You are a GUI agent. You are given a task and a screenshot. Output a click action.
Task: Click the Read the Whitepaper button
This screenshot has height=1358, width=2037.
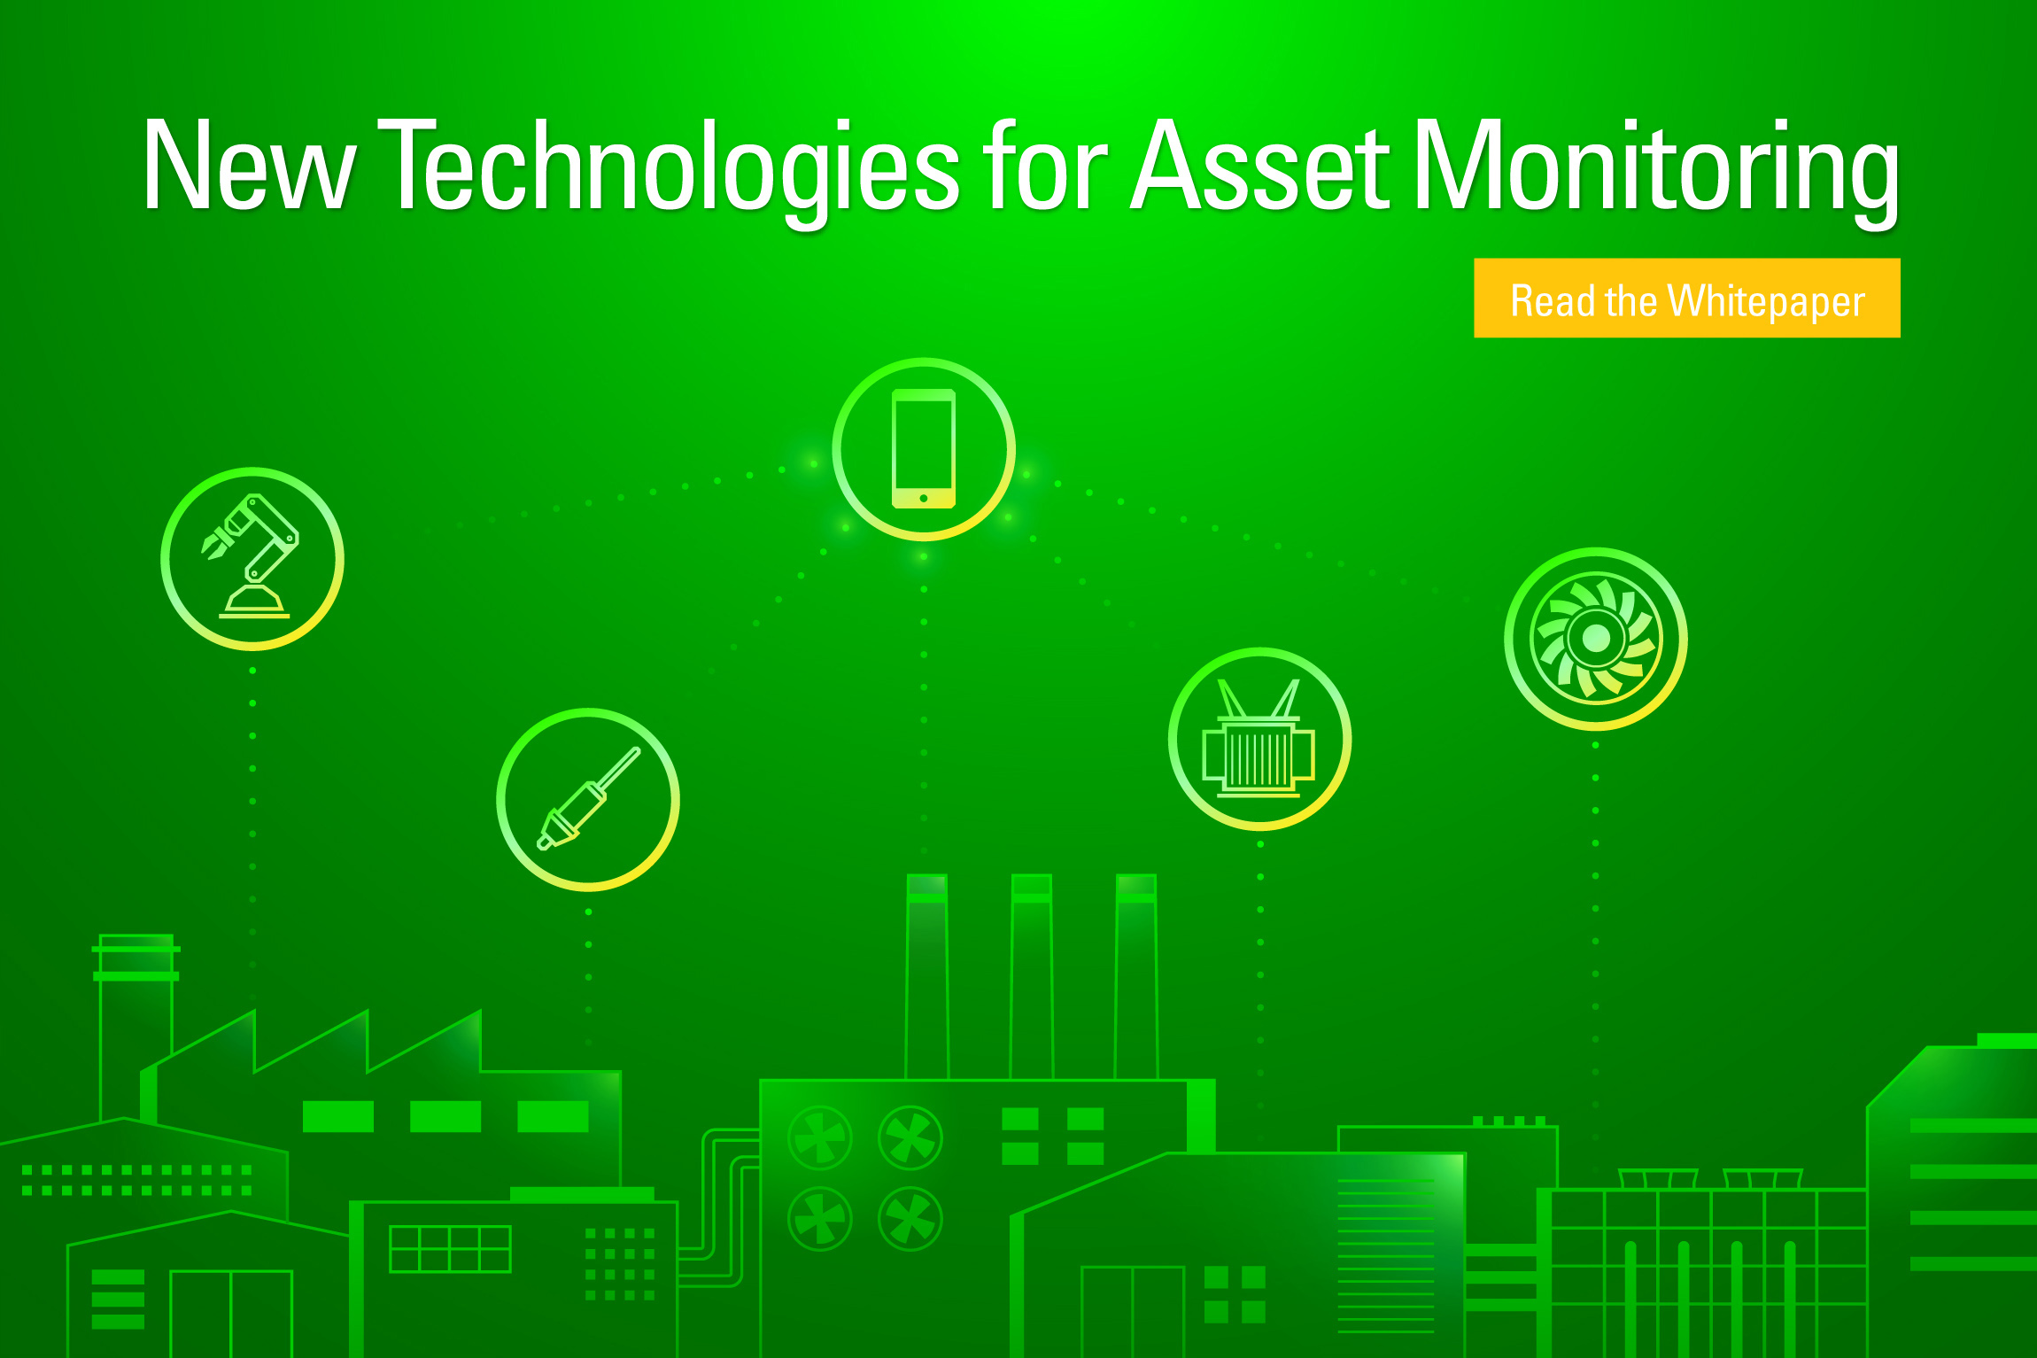1686,298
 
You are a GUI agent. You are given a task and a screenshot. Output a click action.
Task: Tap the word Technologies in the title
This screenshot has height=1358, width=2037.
674,168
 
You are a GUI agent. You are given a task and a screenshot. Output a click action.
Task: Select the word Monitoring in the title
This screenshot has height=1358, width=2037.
1657,168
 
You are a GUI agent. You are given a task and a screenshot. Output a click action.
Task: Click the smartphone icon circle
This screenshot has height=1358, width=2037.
924,449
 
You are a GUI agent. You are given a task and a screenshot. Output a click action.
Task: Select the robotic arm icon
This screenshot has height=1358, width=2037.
252,559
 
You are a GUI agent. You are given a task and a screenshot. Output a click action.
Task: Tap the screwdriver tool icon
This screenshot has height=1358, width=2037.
588,800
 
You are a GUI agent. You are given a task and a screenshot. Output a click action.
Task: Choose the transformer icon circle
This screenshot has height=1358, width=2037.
1259,739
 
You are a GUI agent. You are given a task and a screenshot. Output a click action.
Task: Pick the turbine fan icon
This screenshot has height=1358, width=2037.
1596,639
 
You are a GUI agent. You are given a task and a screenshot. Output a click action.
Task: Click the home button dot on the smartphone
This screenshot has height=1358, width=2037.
924,498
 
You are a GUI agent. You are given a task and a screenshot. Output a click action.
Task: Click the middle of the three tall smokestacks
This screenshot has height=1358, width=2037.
1032,977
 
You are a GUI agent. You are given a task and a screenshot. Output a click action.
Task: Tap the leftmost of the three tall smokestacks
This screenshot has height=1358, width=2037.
927,977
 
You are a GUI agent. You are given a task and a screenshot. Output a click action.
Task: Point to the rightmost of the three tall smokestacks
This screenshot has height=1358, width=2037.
1136,977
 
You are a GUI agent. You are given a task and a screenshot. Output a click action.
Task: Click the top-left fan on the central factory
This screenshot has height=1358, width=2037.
820,1137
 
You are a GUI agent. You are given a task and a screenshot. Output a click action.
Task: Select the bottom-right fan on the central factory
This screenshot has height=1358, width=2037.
910,1219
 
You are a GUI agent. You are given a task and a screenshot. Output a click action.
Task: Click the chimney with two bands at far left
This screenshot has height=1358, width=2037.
136,1028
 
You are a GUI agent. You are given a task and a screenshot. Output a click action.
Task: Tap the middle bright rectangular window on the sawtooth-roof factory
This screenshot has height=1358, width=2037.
445,1116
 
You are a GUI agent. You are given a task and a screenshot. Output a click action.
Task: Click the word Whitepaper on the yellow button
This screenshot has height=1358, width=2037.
1766,302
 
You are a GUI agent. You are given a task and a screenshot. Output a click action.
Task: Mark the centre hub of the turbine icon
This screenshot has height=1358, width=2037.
1596,638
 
